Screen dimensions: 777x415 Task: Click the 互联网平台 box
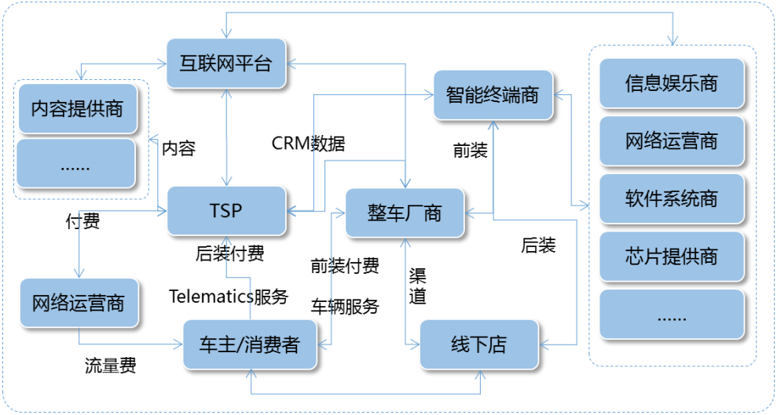coord(226,64)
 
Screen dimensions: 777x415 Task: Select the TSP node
coord(226,211)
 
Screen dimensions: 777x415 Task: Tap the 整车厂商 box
coord(405,213)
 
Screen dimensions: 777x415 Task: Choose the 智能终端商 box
coord(493,95)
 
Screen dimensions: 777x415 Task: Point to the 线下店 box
coord(479,344)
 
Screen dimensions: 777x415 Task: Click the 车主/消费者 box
coord(250,344)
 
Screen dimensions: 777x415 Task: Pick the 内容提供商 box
coord(78,108)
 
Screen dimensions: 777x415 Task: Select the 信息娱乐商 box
coord(672,83)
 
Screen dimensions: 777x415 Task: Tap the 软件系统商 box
coord(672,198)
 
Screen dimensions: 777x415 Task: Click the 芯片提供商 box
coord(672,257)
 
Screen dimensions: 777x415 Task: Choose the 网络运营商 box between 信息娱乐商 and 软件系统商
coord(672,141)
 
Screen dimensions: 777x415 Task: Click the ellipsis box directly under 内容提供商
coord(76,164)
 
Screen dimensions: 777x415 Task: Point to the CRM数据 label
coord(308,144)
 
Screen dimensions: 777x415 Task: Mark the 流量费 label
coord(111,366)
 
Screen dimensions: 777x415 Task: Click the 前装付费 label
coord(345,266)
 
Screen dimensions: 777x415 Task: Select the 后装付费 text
coord(230,253)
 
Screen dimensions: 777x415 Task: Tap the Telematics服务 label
coord(229,297)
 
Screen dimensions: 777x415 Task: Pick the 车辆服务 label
coord(345,307)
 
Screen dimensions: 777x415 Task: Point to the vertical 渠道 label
coord(417,286)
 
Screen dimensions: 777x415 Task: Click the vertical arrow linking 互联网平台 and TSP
coord(226,137)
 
